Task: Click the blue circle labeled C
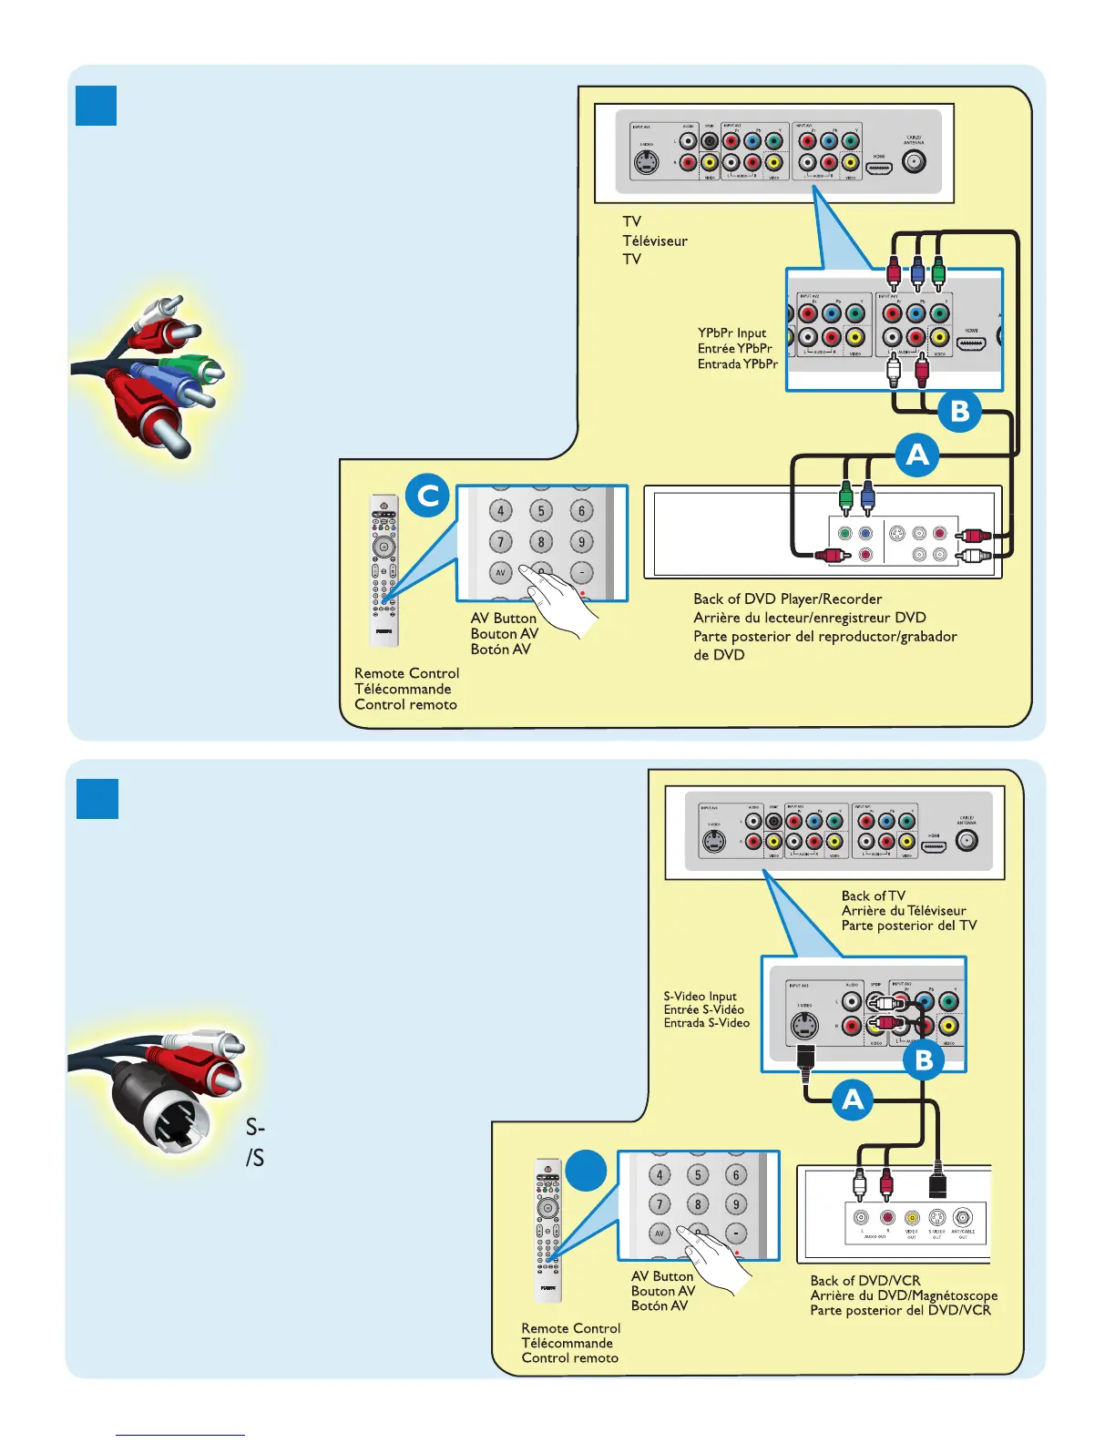[x=427, y=496]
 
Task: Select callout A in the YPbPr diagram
[x=916, y=454]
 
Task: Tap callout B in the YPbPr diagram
[x=959, y=411]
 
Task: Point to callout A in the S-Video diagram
[x=853, y=1100]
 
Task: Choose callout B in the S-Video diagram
[x=924, y=1059]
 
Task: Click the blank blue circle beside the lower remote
[x=586, y=1170]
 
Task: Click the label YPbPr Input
[x=731, y=333]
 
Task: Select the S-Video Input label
[x=700, y=997]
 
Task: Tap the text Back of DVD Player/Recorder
[x=787, y=599]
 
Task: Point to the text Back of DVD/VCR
[x=864, y=1280]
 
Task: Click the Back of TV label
[x=873, y=895]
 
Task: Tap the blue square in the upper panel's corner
[x=96, y=106]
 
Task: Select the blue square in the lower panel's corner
[x=97, y=799]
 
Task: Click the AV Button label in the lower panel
[x=662, y=1276]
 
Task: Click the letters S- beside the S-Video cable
[x=255, y=1128]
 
